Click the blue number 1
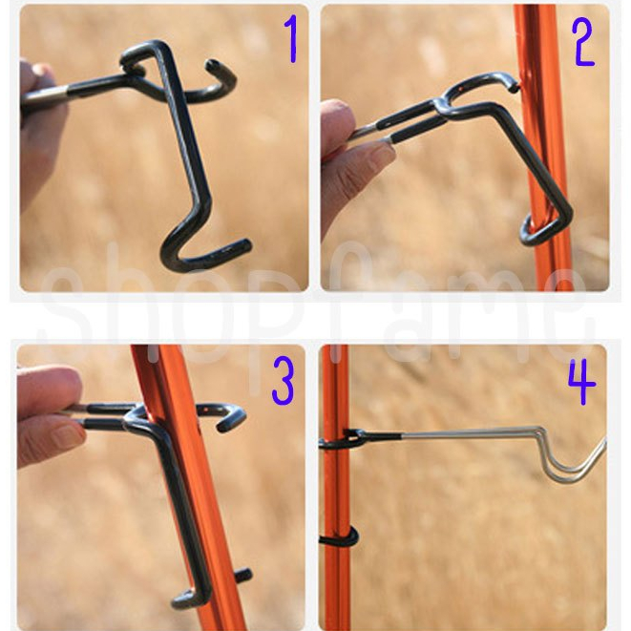291,38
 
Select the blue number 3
284,381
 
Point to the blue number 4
581,381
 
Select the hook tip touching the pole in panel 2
514,88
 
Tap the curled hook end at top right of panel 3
231,418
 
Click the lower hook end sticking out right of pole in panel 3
243,576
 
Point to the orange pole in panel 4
335,487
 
